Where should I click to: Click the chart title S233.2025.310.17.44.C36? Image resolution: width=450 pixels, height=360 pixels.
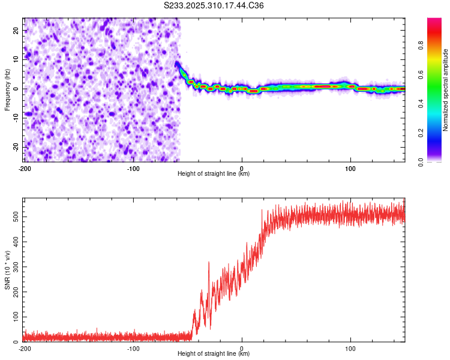(214, 5)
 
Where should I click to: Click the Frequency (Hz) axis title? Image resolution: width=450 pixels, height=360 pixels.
(7, 89)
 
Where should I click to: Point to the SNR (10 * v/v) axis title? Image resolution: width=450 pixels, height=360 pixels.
(7, 269)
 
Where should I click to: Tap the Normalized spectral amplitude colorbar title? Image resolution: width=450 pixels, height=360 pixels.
(446, 90)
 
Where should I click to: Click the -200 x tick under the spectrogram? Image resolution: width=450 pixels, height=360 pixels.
(25, 168)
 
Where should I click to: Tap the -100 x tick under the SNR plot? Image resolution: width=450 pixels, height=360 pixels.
(133, 348)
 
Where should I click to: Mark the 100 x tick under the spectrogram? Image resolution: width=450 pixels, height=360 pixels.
(350, 168)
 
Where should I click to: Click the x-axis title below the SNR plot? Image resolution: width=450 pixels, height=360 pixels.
(214, 354)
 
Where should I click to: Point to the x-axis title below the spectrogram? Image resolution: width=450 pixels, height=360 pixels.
(214, 174)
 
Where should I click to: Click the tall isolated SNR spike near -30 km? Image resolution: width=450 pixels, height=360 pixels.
(209, 263)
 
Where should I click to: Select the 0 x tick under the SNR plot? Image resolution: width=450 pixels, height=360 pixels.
(242, 348)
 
